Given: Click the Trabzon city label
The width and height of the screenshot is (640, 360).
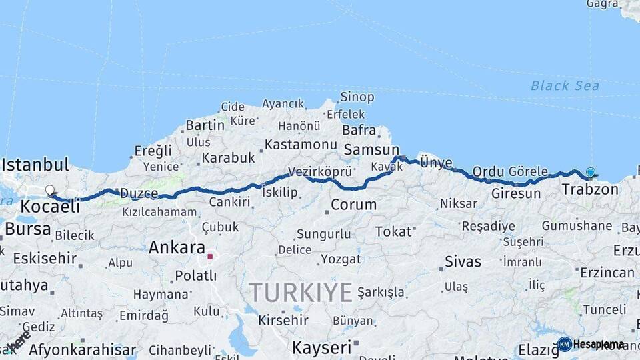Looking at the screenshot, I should [590, 189].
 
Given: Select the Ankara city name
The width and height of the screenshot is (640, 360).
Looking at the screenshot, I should [177, 247].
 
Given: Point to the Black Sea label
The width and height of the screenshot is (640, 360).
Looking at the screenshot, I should [565, 86].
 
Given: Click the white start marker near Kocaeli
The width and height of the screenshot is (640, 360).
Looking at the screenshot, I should [50, 191].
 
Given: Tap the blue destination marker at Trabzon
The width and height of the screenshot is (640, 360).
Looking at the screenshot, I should [590, 173].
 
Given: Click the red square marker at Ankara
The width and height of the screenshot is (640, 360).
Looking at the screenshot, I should [210, 256].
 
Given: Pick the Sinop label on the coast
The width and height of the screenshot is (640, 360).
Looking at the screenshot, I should [357, 97].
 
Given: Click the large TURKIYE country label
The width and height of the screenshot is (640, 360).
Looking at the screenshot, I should [301, 292].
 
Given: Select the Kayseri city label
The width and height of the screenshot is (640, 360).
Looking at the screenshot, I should [321, 347].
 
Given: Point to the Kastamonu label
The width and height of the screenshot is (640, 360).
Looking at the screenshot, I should [301, 144].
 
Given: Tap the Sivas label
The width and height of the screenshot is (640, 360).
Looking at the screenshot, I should [463, 261].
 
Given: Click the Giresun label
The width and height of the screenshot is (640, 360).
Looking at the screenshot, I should [516, 194].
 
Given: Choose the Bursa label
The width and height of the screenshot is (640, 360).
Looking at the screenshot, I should [27, 229].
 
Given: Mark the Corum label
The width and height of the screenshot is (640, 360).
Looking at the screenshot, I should [353, 205].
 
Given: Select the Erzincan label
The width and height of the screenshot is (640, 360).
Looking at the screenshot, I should [607, 273].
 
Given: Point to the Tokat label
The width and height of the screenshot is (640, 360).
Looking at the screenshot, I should [393, 231].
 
